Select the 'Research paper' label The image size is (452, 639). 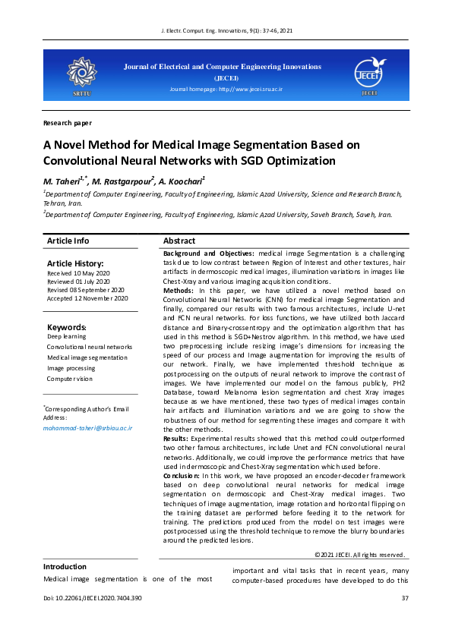(x=68, y=123)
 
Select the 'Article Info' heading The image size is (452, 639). (x=68, y=241)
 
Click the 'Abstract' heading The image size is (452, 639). (x=179, y=241)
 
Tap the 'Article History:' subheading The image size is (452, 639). (x=74, y=263)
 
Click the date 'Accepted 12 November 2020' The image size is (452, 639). (x=87, y=298)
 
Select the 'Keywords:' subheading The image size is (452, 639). (x=67, y=327)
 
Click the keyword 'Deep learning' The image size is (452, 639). (x=67, y=335)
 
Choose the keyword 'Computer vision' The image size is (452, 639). (x=70, y=378)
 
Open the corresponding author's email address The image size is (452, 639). (x=87, y=428)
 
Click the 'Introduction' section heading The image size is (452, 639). (x=65, y=566)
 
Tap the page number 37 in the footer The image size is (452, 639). (x=405, y=599)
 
